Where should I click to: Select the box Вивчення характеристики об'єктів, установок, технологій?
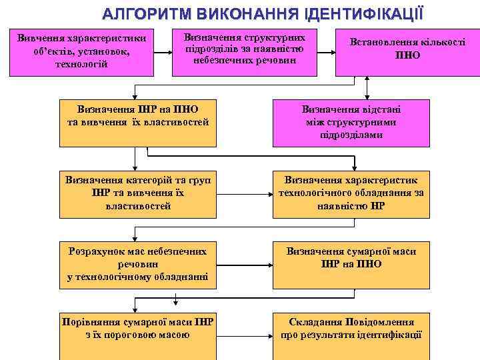pyautogui.click(x=84, y=52)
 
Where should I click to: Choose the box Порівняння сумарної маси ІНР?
pyautogui.click(x=137, y=330)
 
